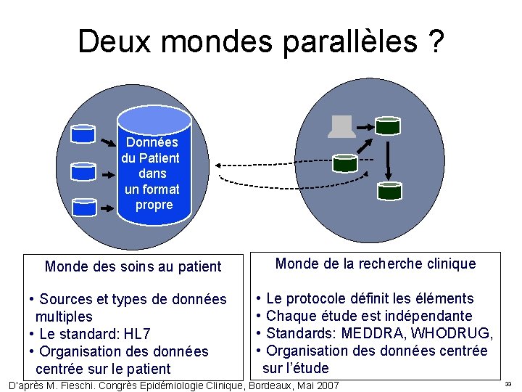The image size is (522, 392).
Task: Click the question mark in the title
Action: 436,41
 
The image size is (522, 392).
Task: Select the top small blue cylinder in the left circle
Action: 83,134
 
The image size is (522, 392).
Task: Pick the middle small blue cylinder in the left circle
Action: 83,171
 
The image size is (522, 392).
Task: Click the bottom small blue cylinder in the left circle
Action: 85,207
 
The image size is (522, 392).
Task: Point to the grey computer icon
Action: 340,127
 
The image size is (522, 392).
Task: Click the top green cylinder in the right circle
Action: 388,126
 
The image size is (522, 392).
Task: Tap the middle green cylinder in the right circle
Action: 345,162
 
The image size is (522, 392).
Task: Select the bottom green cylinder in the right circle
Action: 389,190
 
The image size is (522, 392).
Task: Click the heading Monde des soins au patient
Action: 133,266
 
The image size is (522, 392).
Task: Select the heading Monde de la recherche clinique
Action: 376,264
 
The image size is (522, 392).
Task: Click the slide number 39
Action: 508,383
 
